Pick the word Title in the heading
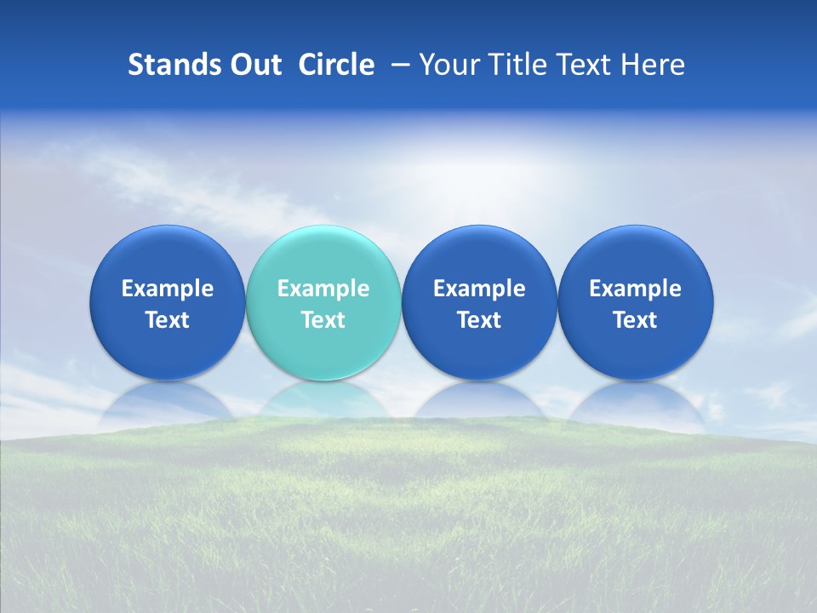[x=518, y=65]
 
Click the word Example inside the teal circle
[x=323, y=289]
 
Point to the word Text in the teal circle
[x=323, y=320]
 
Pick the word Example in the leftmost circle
[x=168, y=289]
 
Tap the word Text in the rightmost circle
[x=635, y=320]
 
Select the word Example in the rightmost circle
[x=635, y=289]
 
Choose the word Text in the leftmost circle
[x=168, y=320]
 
